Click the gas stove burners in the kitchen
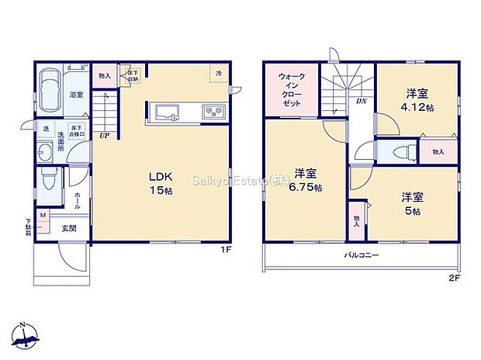pos(213,113)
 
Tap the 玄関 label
pos(68,228)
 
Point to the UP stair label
pos(103,136)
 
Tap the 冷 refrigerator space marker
pos(219,74)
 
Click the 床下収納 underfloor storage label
pos(132,76)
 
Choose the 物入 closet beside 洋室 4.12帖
pos(438,151)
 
